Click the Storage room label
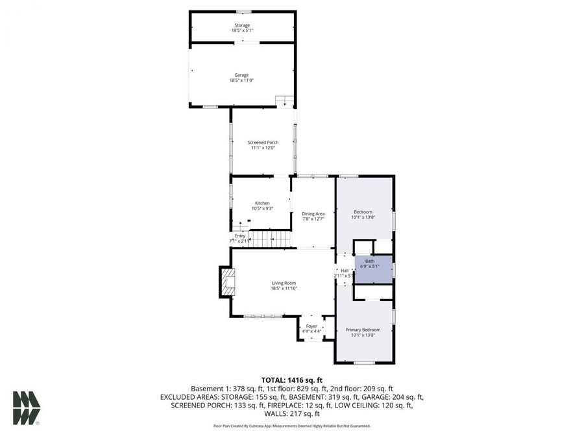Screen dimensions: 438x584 [242, 25]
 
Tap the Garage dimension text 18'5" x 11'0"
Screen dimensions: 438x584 [242, 80]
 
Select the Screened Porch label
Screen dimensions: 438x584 [263, 143]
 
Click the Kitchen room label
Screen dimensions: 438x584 [262, 203]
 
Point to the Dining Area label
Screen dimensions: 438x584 [313, 213]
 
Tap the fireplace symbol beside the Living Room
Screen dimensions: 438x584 [226, 281]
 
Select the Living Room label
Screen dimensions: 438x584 [284, 283]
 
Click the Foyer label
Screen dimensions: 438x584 [311, 326]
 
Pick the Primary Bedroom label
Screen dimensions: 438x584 [363, 330]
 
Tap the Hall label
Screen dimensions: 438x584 [344, 271]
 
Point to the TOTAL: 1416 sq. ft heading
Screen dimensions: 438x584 [291, 380]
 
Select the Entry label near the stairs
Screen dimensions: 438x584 [239, 236]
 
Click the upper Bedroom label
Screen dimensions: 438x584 [363, 212]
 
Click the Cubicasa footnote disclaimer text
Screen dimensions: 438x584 [291, 426]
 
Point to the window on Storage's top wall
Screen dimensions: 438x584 [243, 12]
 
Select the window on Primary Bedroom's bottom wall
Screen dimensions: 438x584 [363, 362]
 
